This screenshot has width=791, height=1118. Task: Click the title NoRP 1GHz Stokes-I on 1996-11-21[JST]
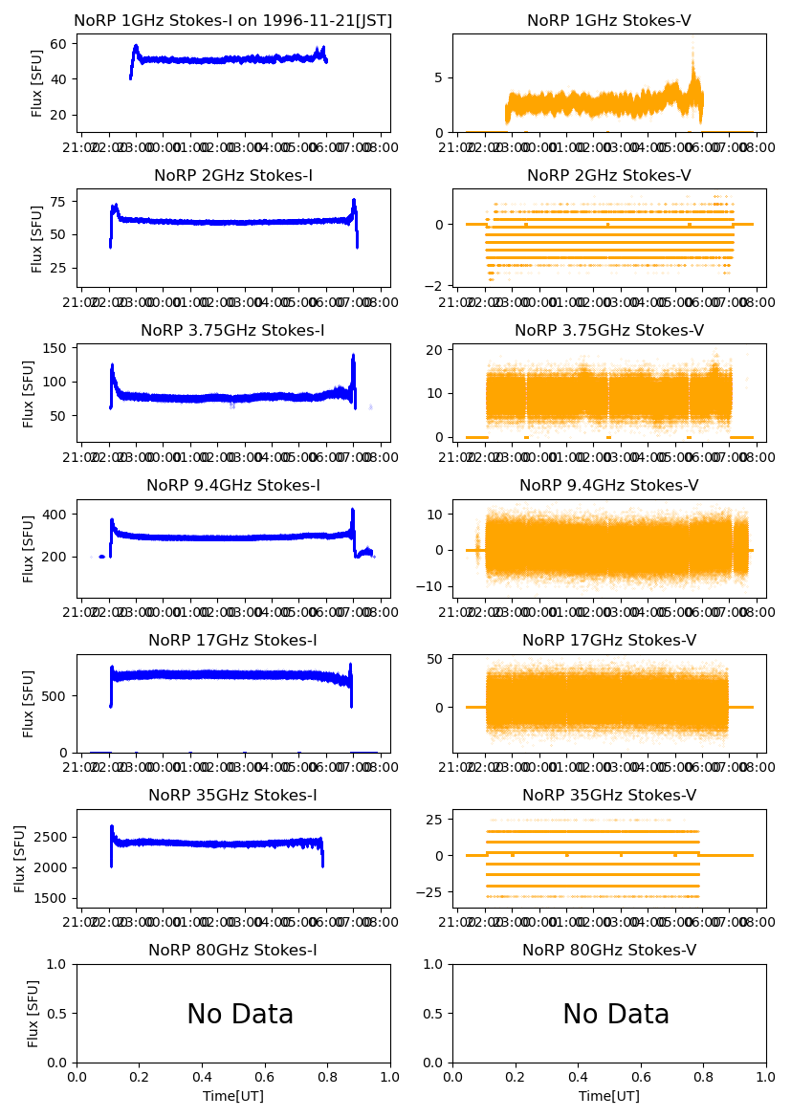tap(233, 21)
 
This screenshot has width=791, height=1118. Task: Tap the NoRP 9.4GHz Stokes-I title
tap(233, 486)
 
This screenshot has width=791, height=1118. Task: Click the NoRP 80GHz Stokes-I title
tap(233, 951)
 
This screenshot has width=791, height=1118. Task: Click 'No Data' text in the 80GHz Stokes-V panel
tap(616, 1015)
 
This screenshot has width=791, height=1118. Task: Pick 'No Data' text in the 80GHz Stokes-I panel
tap(240, 1015)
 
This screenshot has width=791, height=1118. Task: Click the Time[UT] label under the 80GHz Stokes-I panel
tap(233, 1096)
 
